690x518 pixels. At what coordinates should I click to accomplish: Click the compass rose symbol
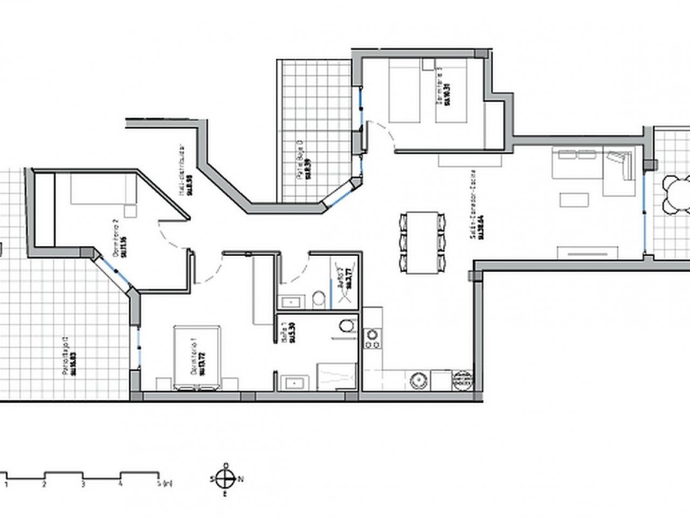(226, 479)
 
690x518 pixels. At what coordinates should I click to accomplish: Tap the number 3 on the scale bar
(82, 485)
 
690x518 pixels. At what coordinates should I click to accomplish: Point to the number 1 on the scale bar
(6, 485)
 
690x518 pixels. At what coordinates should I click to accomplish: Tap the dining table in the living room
(423, 242)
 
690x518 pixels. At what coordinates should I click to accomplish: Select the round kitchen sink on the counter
(418, 380)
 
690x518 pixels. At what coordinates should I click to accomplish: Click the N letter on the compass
(241, 479)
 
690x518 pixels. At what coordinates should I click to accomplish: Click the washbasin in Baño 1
(293, 382)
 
